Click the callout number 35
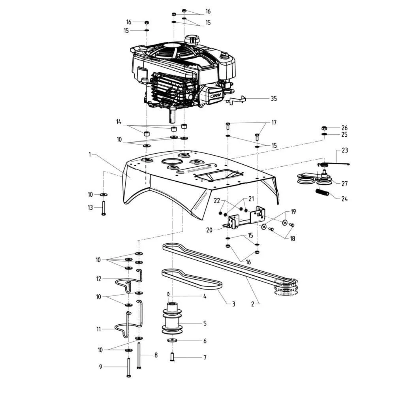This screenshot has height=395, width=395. click(274, 98)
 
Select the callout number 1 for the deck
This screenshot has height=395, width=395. click(90, 154)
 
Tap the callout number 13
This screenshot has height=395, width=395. click(90, 207)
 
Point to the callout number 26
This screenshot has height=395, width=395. click(344, 128)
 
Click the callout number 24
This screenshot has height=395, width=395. click(344, 199)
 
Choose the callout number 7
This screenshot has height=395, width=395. click(205, 358)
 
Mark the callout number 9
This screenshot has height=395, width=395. click(101, 367)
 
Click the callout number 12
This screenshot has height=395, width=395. click(99, 279)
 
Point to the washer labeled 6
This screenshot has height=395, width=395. click(172, 340)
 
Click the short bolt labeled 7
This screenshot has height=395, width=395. click(172, 356)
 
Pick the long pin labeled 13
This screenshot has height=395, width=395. click(103, 207)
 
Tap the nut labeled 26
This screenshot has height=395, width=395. click(324, 128)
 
